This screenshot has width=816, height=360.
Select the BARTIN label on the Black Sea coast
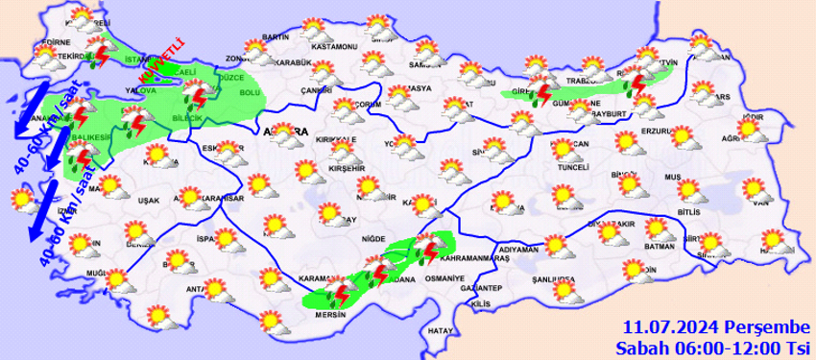tap(275, 36)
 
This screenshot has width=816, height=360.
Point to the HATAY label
tap(441, 330)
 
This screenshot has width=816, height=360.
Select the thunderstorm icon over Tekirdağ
tap(98, 56)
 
